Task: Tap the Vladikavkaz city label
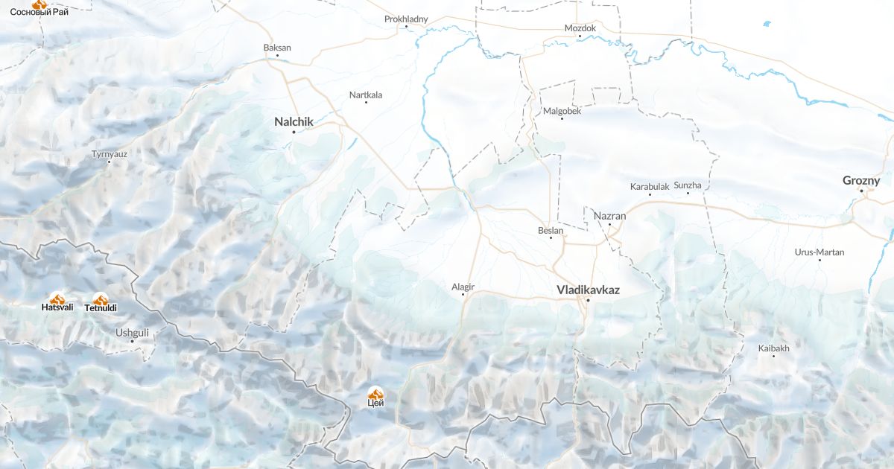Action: coord(588,290)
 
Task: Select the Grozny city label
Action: coord(860,180)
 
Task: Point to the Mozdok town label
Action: coord(580,28)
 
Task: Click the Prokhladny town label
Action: coord(406,19)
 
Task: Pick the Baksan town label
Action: coord(277,48)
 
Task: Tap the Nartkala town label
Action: coord(366,95)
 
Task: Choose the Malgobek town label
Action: coord(562,111)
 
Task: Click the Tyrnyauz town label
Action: coord(110,154)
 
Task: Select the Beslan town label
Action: coord(551,230)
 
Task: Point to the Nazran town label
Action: coord(609,216)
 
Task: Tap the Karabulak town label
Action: coord(650,186)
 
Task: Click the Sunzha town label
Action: coord(688,185)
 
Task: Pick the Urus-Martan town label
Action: coord(819,252)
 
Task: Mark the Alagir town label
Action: coord(463,287)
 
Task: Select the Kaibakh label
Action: coord(773,348)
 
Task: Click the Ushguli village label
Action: coord(132,332)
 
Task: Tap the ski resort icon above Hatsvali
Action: coord(57,299)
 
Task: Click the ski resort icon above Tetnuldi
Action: coord(101,299)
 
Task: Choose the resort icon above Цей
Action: coord(376,392)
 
